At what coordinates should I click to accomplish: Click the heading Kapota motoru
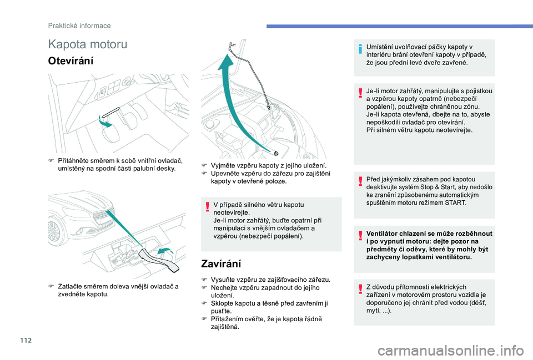pyautogui.click(x=88, y=44)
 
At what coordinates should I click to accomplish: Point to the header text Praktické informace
pyautogui.click(x=79, y=26)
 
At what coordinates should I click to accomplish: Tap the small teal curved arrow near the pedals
pyautogui.click(x=104, y=121)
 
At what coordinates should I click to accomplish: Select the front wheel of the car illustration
pyautogui.click(x=55, y=230)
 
